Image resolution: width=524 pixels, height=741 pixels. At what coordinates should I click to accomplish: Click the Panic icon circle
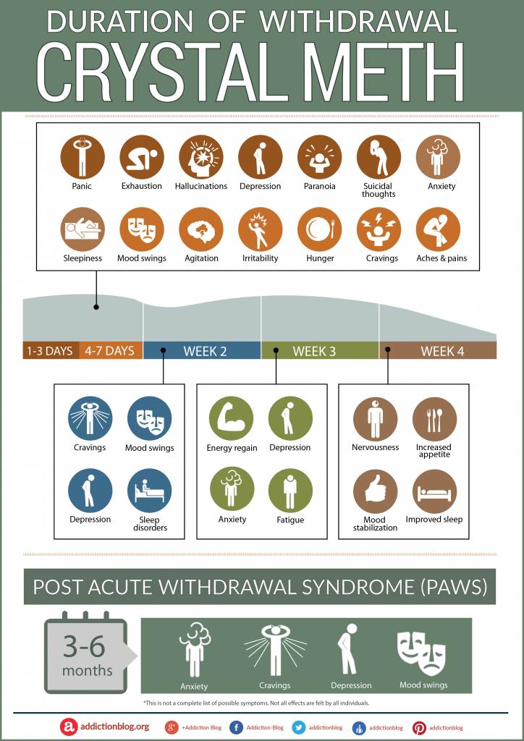[83, 157]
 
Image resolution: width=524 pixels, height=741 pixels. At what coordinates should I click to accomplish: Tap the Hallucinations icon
[201, 157]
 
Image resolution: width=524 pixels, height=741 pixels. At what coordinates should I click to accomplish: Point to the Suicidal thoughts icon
[379, 157]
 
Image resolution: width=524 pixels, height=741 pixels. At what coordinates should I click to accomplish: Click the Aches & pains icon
[439, 229]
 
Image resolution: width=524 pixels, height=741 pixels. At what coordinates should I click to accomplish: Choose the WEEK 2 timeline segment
[202, 351]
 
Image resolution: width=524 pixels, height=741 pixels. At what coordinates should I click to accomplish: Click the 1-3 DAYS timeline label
[50, 351]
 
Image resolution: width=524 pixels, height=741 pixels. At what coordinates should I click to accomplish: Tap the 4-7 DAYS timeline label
[110, 351]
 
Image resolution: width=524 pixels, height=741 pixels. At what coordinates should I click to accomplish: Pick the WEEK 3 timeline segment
[319, 351]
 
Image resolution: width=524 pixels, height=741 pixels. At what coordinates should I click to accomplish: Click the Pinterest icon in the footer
[418, 727]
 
